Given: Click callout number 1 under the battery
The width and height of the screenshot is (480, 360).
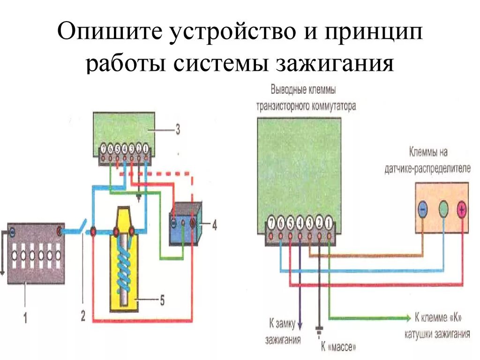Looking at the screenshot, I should point(25,318).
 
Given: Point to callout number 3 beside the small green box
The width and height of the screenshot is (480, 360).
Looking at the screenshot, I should point(178,129).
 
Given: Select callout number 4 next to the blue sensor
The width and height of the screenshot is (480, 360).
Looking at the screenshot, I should point(214,225).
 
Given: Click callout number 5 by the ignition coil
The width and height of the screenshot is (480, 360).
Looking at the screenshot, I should point(162,300).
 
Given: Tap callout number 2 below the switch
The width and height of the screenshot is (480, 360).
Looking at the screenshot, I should point(83,316).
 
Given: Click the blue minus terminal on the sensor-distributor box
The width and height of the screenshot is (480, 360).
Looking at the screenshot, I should point(422,209).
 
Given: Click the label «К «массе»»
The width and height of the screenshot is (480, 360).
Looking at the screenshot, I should point(338,347).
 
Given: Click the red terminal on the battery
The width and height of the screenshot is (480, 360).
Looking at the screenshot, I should point(60,231).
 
